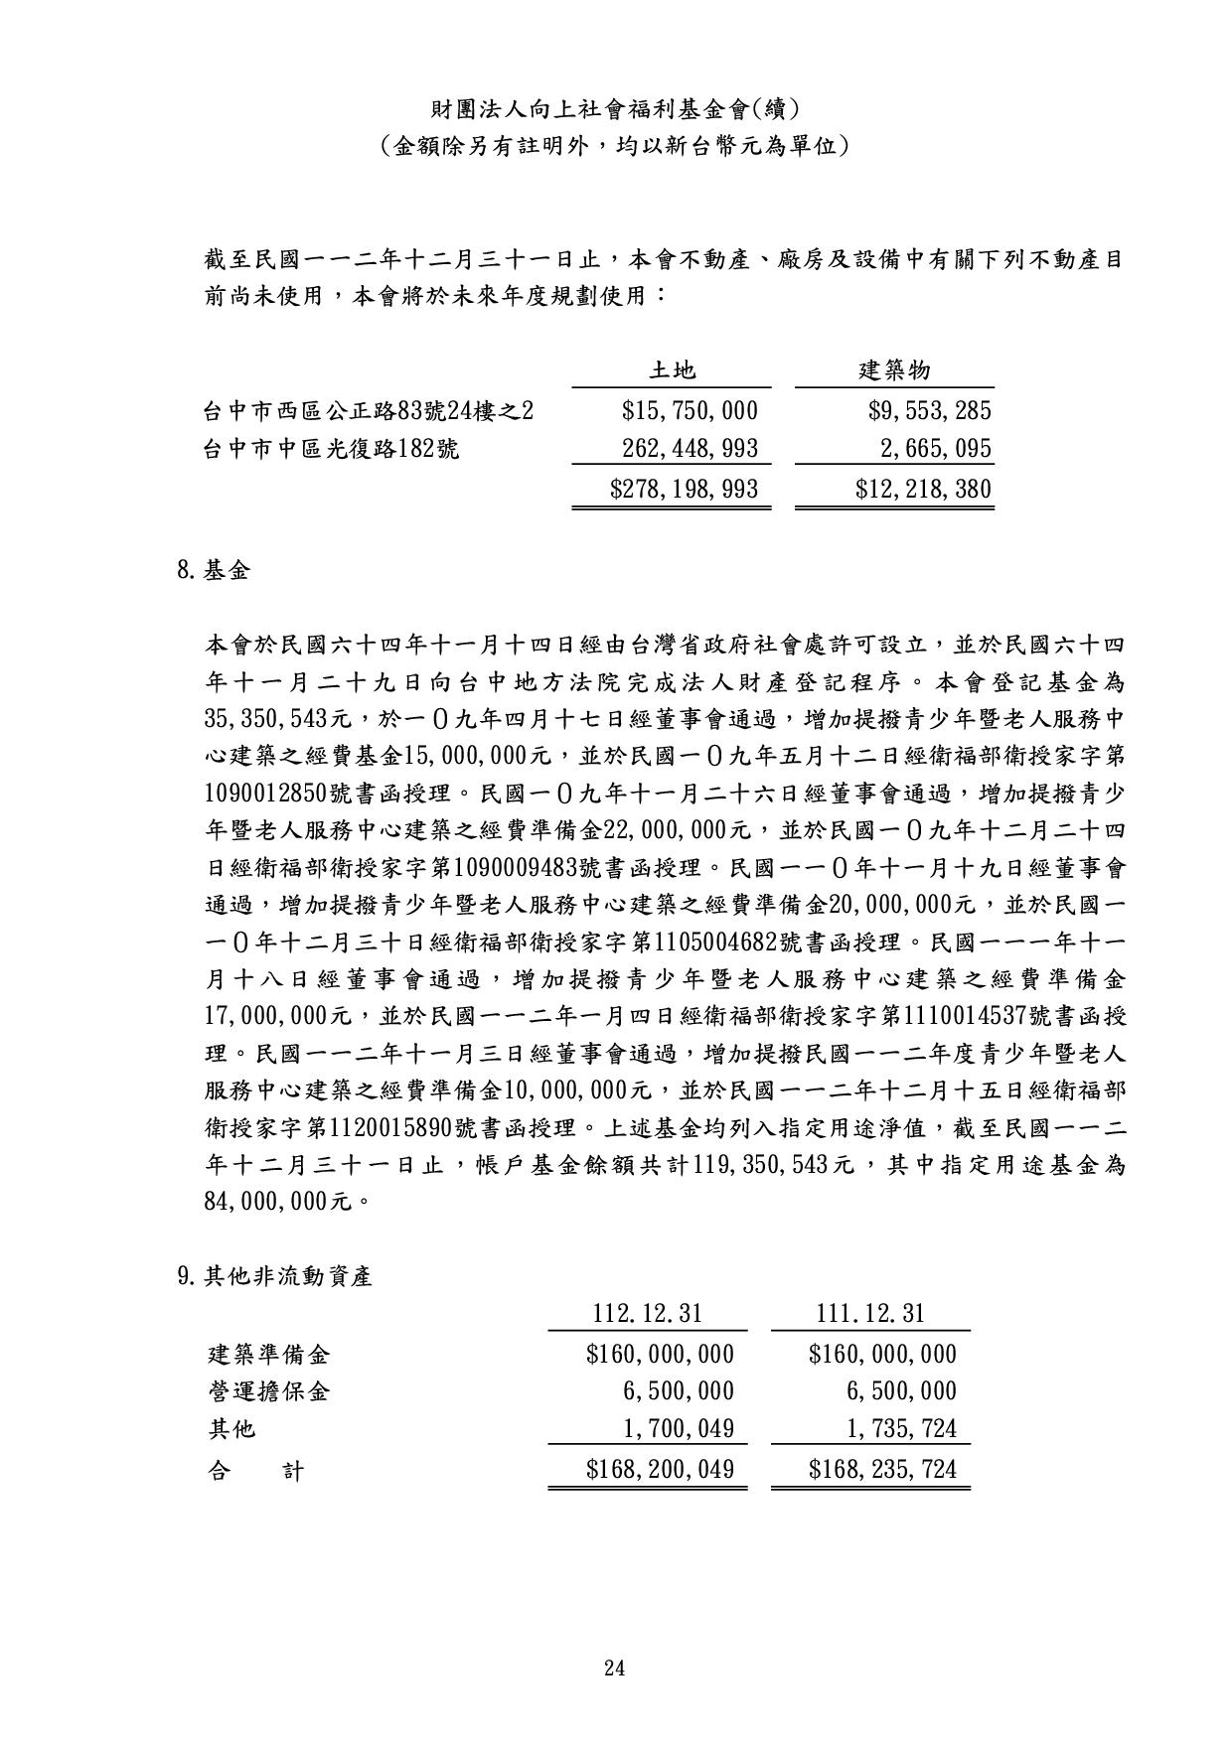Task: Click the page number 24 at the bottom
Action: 614,1668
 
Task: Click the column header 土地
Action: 672,371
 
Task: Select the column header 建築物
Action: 894,371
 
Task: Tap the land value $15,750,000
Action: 690,410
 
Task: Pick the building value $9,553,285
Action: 929,410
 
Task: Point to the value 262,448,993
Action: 690,449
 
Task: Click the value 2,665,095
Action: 936,449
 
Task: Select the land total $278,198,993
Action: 684,489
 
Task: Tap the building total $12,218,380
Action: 923,489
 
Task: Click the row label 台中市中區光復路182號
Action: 331,449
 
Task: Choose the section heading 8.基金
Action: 214,570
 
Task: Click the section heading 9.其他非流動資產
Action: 274,1276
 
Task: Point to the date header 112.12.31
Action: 647,1314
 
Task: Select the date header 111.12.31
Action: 870,1314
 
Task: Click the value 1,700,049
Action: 679,1429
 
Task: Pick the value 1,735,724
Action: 901,1429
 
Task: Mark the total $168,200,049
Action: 660,1469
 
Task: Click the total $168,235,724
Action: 882,1469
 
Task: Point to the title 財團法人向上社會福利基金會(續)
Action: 615,108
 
